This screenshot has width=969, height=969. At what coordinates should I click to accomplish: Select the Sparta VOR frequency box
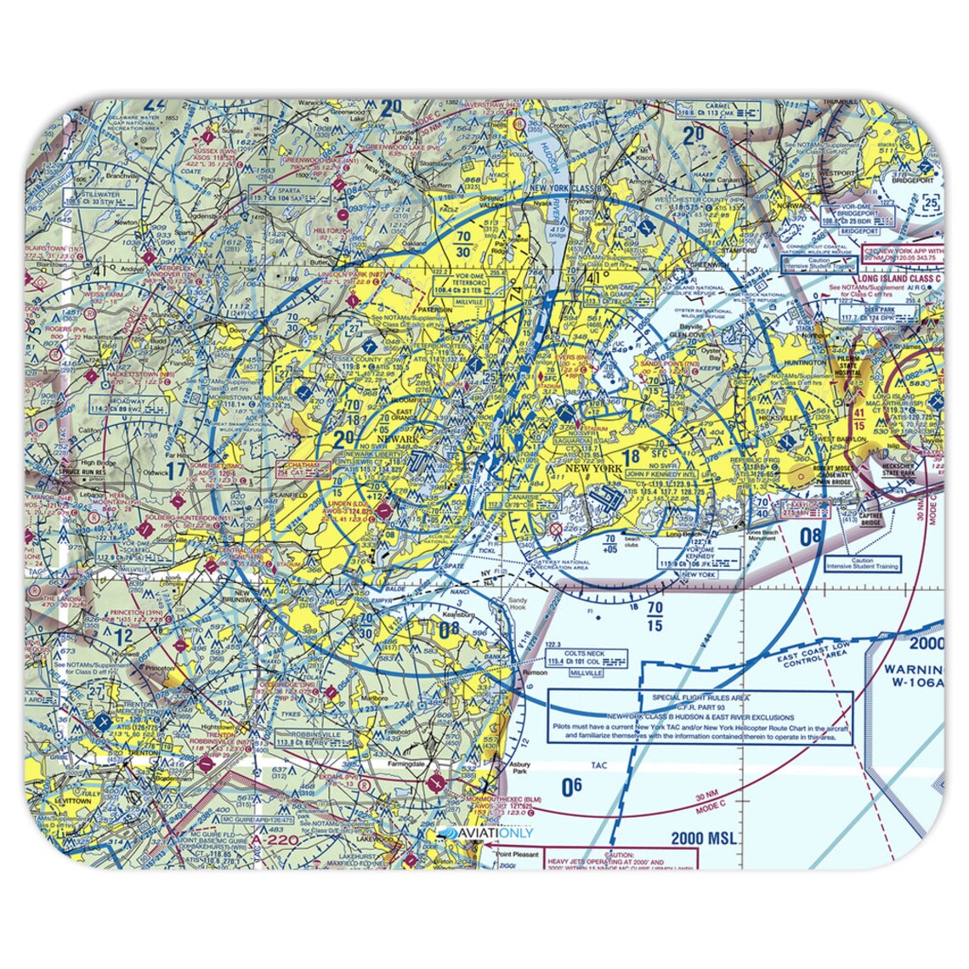coord(283,197)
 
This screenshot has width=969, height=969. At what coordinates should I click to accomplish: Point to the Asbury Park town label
coord(519,768)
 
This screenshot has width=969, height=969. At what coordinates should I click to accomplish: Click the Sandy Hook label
coord(518,603)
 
